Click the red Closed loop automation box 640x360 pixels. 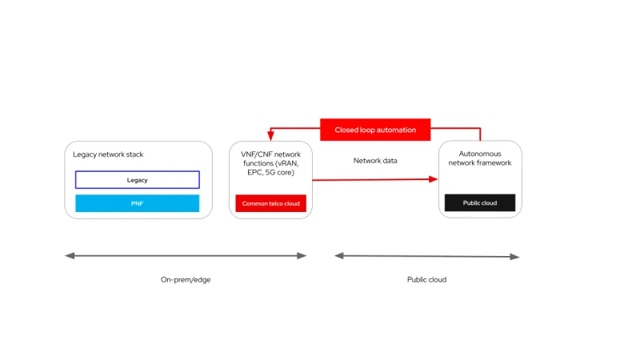pos(375,130)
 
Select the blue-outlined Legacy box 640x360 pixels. pos(138,180)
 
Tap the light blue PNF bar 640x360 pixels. pos(138,203)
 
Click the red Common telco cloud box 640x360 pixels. pos(270,203)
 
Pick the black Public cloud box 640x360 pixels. pos(480,203)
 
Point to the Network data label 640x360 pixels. pos(375,161)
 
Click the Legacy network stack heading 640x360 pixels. pos(108,154)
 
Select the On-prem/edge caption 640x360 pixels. pos(185,280)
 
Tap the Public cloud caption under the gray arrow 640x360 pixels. pos(426,280)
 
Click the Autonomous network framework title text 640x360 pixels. pos(480,158)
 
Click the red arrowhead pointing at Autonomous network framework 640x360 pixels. pos(434,179)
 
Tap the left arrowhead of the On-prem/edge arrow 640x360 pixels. pos(69,256)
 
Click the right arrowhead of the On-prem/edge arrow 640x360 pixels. pos(302,256)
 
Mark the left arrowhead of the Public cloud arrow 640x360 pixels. pos(338,256)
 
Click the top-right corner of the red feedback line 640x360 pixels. pos(480,128)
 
